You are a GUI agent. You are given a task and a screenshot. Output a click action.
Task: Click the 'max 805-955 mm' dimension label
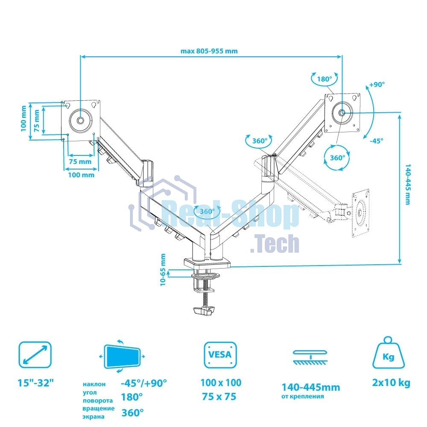click(209, 51)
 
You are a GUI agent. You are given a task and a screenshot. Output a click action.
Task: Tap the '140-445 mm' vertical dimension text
click(408, 184)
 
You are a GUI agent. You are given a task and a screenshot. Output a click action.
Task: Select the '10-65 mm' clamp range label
click(163, 269)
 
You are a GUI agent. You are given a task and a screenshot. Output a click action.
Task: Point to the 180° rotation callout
click(325, 79)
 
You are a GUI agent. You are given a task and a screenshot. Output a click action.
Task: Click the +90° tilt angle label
click(377, 85)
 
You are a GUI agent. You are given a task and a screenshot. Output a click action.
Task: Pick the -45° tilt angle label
click(377, 141)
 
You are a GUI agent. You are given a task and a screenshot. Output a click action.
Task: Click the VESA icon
click(220, 354)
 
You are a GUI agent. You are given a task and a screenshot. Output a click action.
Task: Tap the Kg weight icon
click(388, 353)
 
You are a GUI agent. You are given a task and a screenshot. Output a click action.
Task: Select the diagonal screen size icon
click(35, 354)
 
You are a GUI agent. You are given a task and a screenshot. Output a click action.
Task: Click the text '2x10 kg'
click(391, 383)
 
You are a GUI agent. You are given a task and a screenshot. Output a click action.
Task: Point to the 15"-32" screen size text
click(36, 383)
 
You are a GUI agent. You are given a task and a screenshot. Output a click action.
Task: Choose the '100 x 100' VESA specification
click(221, 383)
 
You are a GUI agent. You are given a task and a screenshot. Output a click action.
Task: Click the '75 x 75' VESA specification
click(219, 397)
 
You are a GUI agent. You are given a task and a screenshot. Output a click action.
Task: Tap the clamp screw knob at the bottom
click(204, 311)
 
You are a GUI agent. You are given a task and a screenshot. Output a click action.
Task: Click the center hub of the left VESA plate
click(80, 120)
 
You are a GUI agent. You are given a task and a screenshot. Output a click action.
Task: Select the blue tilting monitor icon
click(122, 357)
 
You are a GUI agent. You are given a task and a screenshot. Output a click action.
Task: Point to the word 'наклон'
click(94, 384)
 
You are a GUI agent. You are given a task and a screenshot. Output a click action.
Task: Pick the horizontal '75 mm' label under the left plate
click(80, 161)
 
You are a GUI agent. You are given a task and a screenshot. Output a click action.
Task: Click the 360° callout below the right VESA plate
click(337, 158)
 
